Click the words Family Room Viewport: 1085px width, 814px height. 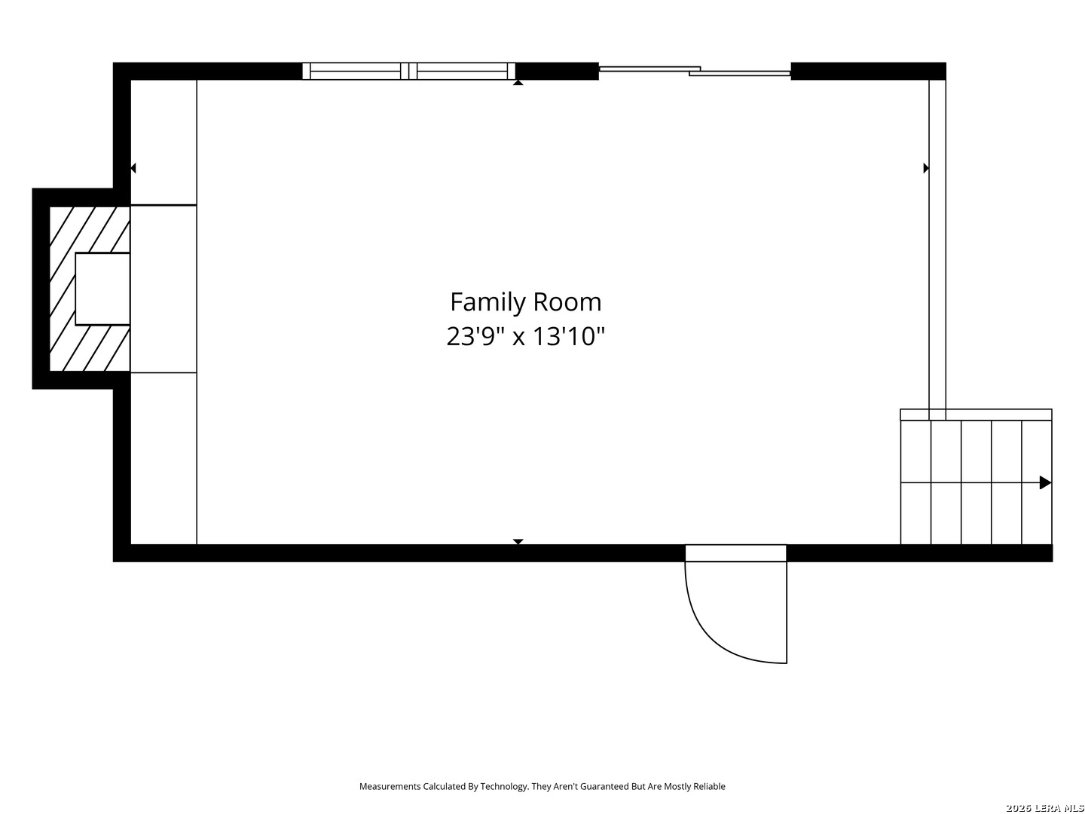click(525, 302)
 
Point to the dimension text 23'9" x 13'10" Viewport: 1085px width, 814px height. click(525, 337)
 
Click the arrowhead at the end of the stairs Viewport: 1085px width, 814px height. click(1045, 482)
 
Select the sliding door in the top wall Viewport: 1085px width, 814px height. click(695, 71)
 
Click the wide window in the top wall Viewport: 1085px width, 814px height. click(409, 71)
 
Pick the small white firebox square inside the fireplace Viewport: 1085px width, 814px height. click(102, 289)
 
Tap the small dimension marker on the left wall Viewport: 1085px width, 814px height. click(133, 168)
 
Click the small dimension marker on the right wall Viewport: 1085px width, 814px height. click(926, 168)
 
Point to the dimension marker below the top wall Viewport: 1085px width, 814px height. click(518, 83)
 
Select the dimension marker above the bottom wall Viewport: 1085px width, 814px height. click(518, 542)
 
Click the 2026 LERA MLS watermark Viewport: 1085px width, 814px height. click(1044, 808)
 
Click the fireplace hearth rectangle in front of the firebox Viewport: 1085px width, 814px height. click(164, 289)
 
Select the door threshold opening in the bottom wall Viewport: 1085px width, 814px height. click(735, 553)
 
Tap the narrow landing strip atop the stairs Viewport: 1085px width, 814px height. click(976, 415)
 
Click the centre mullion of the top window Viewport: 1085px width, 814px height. click(409, 71)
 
